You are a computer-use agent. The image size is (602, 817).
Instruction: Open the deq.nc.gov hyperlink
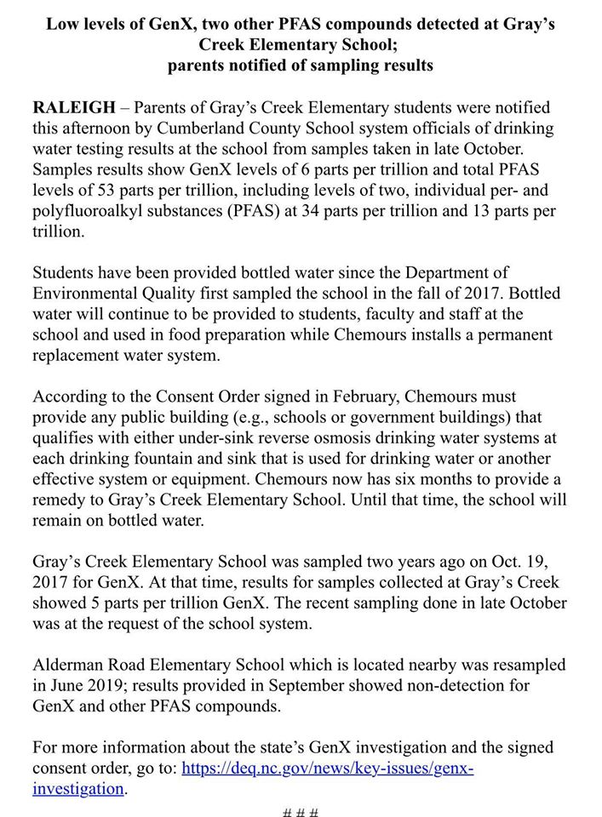(x=327, y=768)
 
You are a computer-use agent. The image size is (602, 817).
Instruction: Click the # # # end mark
(x=300, y=811)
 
